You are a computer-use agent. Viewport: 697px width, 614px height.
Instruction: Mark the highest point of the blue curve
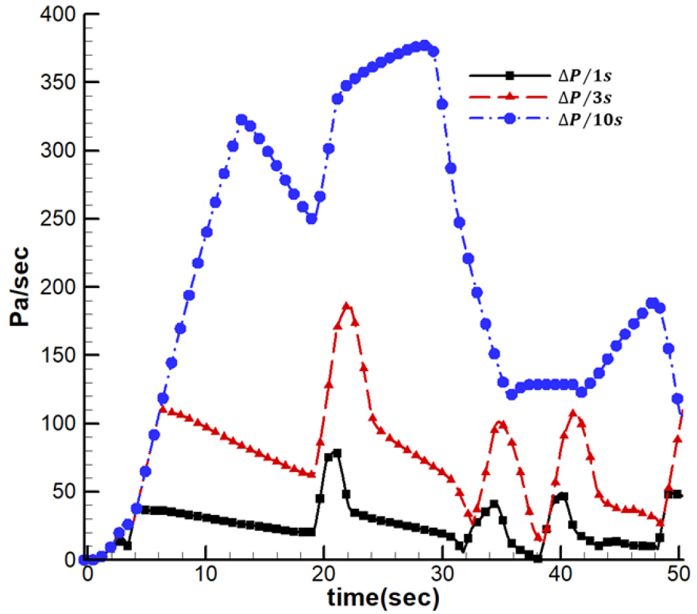point(425,46)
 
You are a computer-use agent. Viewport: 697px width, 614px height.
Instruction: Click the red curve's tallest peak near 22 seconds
point(346,306)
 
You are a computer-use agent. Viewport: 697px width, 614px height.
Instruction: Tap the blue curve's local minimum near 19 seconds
point(311,219)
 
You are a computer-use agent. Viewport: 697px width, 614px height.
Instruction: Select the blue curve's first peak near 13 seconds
point(241,120)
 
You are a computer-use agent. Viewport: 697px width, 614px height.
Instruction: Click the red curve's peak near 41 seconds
point(573,414)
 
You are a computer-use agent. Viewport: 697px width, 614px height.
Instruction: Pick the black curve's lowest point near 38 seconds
point(538,559)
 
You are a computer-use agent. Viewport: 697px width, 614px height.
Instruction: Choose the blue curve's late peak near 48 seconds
point(652,303)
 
